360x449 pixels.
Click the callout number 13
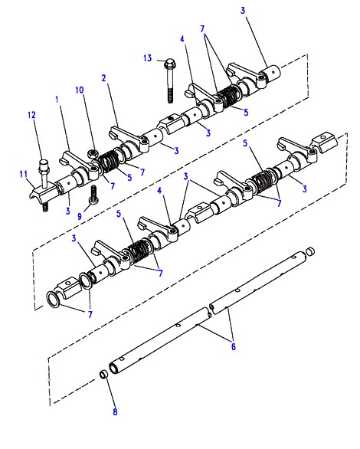(147, 58)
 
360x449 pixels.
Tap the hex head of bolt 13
(170, 62)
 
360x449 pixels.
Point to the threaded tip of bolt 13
(170, 97)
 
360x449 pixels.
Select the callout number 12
(31, 115)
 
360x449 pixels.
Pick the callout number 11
(24, 174)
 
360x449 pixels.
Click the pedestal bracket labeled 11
(42, 194)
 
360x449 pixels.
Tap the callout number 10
(80, 90)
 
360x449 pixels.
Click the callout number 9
(80, 216)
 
